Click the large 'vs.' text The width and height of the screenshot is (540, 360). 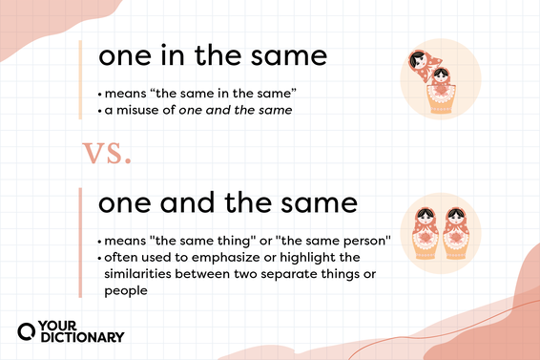pyautogui.click(x=106, y=154)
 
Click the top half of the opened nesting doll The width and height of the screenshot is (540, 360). pyautogui.click(x=421, y=64)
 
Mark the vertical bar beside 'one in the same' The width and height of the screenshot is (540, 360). pyautogui.click(x=80, y=81)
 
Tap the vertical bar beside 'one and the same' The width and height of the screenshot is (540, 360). pyautogui.click(x=80, y=243)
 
